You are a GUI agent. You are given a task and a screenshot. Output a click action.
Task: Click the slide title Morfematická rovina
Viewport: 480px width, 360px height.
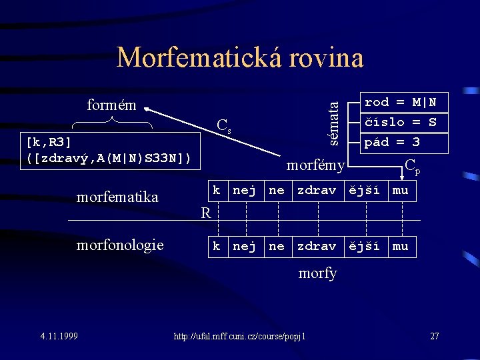pyautogui.click(x=240, y=58)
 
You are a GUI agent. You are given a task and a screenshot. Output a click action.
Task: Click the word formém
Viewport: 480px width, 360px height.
pyautogui.click(x=111, y=105)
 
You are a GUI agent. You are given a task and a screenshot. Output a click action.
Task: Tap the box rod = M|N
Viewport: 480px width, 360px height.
pyautogui.click(x=405, y=102)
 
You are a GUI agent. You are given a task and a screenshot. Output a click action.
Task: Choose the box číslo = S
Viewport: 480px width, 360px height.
pyautogui.click(x=405, y=122)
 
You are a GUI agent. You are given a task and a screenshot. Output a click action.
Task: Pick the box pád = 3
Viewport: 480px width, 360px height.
pyautogui.click(x=405, y=142)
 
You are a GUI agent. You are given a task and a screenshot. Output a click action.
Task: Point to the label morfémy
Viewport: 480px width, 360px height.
pyautogui.click(x=315, y=165)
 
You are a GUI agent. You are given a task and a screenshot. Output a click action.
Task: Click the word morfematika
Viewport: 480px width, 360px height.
pyautogui.click(x=117, y=197)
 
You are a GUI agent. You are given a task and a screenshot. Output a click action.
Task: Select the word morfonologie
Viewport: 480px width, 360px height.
pyautogui.click(x=120, y=245)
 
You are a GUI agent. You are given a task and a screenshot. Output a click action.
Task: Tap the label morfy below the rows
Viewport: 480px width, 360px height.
pyautogui.click(x=318, y=273)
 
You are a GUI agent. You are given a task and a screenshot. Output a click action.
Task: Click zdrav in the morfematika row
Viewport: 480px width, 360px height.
pyautogui.click(x=316, y=191)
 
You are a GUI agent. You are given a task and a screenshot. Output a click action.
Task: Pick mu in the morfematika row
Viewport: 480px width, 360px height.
pyautogui.click(x=400, y=191)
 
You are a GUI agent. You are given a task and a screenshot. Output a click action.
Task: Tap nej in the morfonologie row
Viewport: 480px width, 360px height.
pyautogui.click(x=244, y=246)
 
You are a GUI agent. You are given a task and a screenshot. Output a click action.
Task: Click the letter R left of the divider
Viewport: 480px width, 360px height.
pyautogui.click(x=206, y=213)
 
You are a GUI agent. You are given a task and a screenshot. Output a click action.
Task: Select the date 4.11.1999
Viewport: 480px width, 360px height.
pyautogui.click(x=59, y=335)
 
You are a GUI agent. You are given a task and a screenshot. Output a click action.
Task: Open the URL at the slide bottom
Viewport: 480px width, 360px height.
pyautogui.click(x=239, y=336)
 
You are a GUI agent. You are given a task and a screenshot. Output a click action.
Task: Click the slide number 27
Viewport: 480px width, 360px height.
pyautogui.click(x=434, y=335)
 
